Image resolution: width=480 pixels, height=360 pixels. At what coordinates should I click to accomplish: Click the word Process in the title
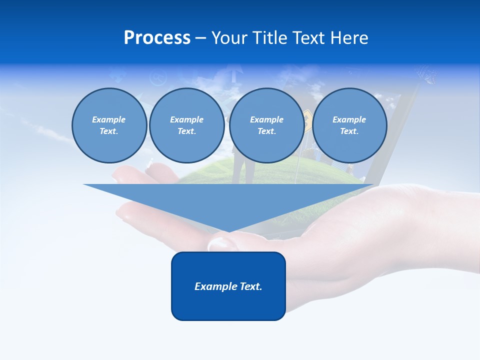tap(157, 38)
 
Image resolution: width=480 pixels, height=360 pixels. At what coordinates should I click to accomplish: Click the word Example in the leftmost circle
tap(108, 119)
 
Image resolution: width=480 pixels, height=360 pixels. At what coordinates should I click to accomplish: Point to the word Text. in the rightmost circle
tap(349, 131)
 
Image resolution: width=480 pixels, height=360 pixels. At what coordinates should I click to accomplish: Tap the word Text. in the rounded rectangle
tap(251, 286)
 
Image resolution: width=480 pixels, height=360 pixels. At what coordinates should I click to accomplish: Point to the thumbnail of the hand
tap(220, 243)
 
